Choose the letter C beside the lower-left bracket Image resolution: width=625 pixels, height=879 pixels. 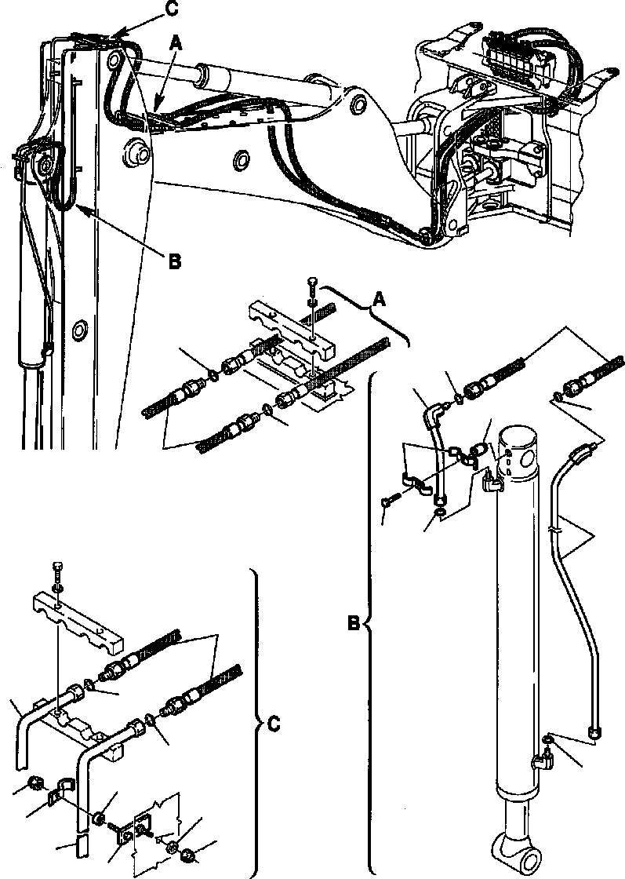tap(273, 724)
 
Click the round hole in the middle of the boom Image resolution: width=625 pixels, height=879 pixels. tap(240, 162)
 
